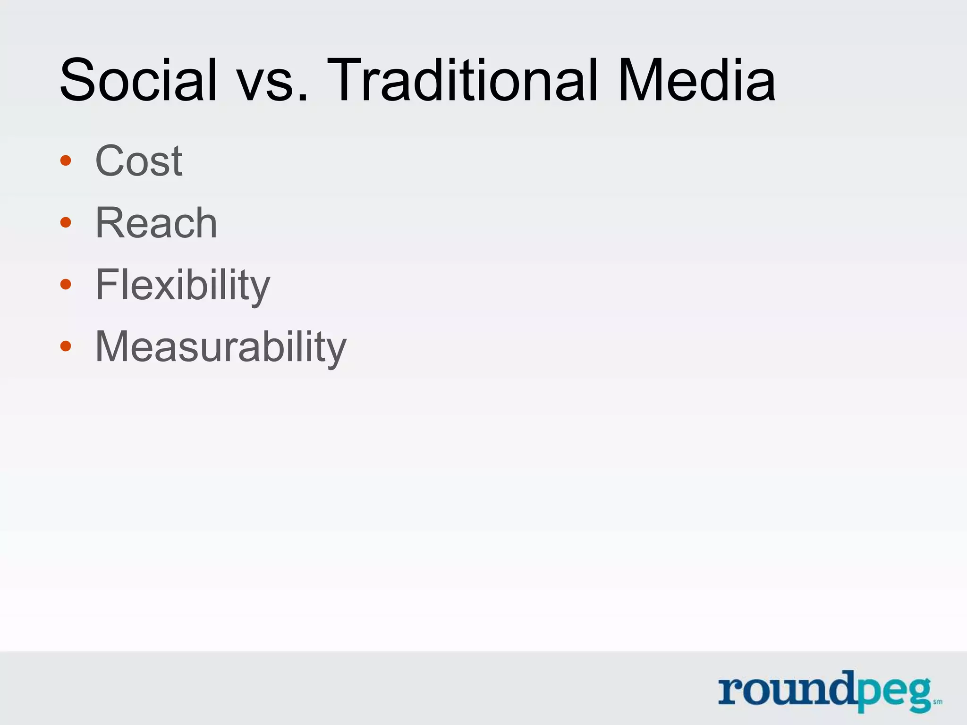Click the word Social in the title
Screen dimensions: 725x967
pyautogui.click(x=138, y=80)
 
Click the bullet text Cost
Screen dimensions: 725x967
pyautogui.click(x=139, y=161)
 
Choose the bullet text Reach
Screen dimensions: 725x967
pyautogui.click(x=156, y=223)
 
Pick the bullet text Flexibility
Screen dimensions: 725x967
pyautogui.click(x=182, y=285)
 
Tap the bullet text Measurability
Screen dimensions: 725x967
pyautogui.click(x=221, y=347)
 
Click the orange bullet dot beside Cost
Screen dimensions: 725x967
pyautogui.click(x=66, y=160)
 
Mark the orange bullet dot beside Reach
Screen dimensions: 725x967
pyautogui.click(x=66, y=222)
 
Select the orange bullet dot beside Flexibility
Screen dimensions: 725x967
pyautogui.click(x=66, y=284)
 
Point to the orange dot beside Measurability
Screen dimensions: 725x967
pyautogui.click(x=66, y=346)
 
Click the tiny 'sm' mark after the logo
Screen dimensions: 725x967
pyautogui.click(x=938, y=702)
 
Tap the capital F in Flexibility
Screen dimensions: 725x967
pyautogui.click(x=107, y=285)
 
